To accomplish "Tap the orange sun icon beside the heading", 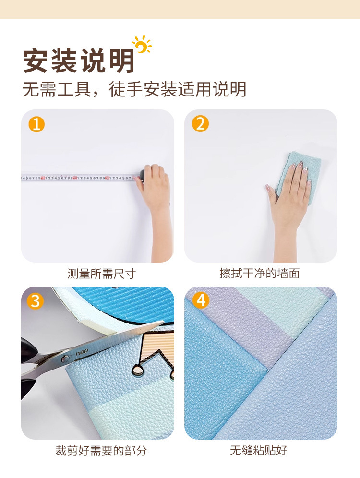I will click(x=142, y=45).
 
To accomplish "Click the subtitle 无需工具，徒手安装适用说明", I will click(x=134, y=89).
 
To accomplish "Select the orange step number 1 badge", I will click(x=36, y=124).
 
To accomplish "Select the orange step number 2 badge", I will click(x=200, y=124).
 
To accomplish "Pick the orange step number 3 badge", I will click(x=36, y=301).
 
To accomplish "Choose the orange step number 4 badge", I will click(x=200, y=301).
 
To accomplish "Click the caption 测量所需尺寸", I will click(x=101, y=274).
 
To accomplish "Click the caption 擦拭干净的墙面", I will click(x=260, y=274).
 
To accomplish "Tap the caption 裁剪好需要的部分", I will click(x=101, y=451).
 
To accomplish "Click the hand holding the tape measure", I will click(x=155, y=190).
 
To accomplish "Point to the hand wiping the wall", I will click(x=289, y=197).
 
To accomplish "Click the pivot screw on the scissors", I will click(x=64, y=357).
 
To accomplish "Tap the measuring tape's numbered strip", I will click(x=77, y=178).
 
